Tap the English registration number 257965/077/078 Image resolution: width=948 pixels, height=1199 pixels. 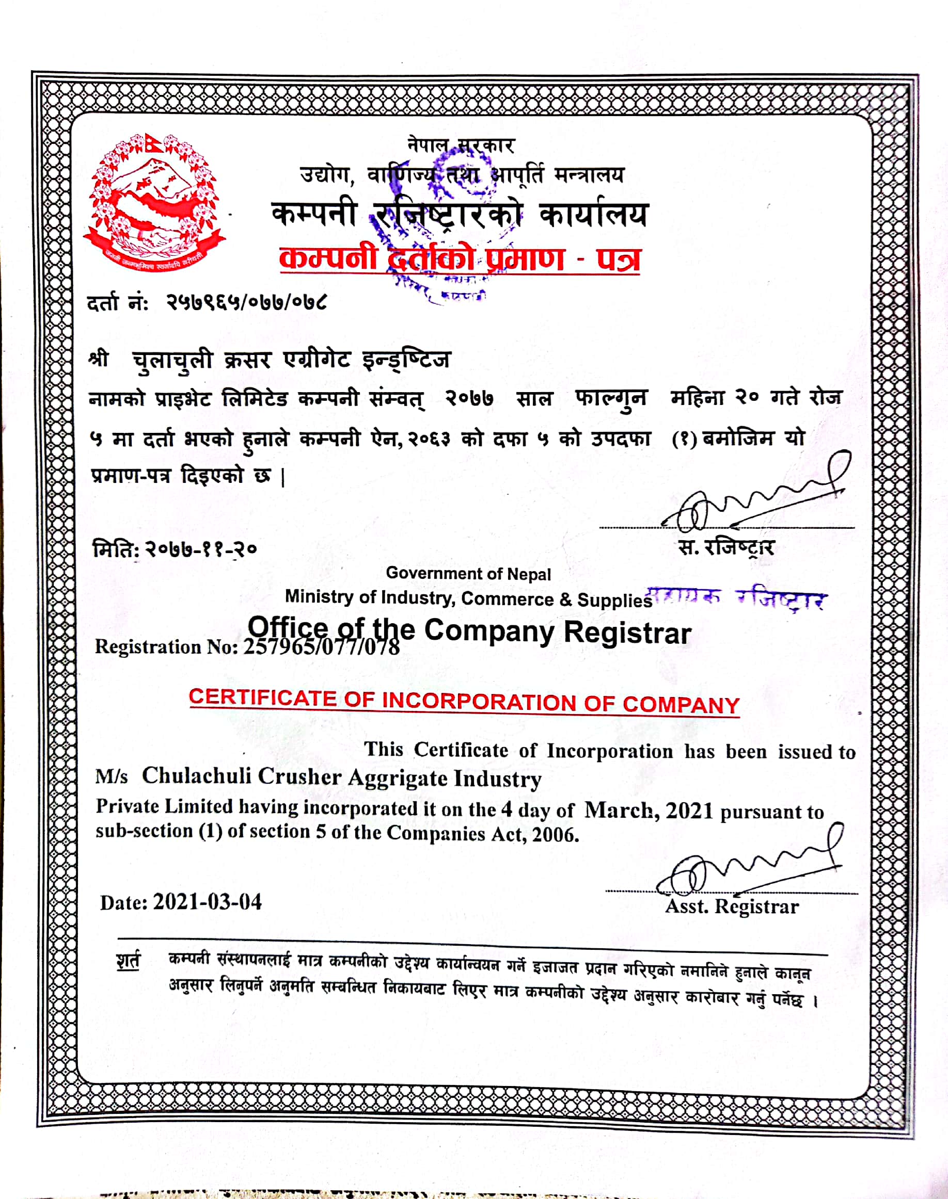321,646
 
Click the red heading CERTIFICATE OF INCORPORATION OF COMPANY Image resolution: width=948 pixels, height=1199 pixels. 464,701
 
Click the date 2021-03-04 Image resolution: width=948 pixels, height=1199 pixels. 207,902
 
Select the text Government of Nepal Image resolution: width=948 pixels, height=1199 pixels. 468,573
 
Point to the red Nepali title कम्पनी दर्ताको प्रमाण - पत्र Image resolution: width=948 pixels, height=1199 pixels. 460,259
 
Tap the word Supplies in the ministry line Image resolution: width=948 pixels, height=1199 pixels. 614,600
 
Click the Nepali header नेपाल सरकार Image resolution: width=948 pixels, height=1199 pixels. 461,145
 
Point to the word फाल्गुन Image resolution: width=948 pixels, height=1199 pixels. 610,399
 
